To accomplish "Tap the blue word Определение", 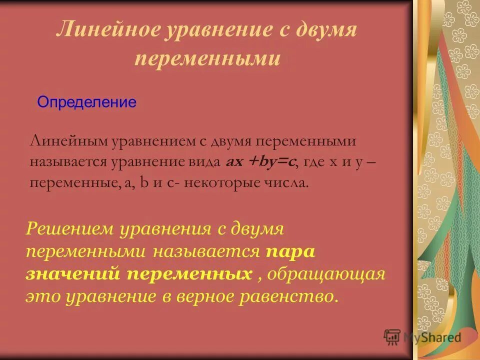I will pos(87,103).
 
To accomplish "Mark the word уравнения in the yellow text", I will pos(165,229).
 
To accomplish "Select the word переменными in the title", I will pos(207,58).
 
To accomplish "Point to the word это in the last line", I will pos(41,296).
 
